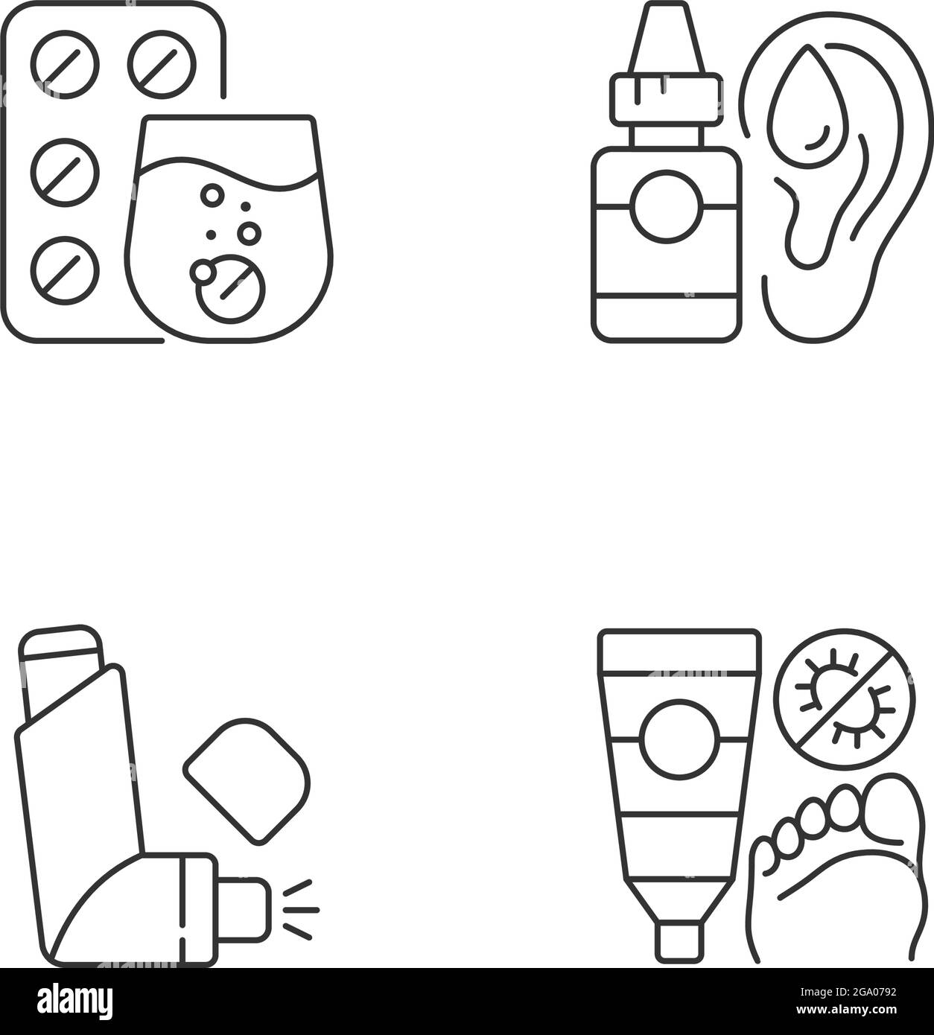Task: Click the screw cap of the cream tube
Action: (678, 941)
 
